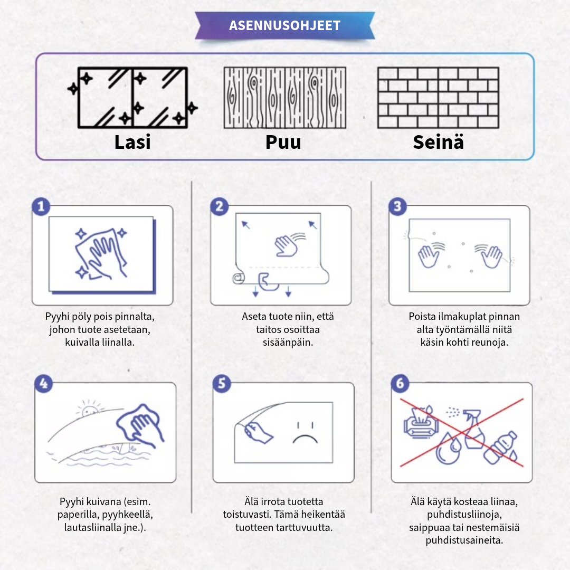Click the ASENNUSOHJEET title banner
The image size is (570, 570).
click(x=285, y=25)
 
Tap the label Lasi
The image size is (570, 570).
click(x=132, y=142)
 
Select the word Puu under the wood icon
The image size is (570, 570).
click(x=283, y=142)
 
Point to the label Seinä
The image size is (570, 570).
click(x=438, y=142)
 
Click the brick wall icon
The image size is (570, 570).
click(x=438, y=98)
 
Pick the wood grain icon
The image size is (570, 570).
click(x=284, y=98)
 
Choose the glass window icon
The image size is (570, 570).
click(x=132, y=98)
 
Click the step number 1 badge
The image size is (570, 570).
click(x=41, y=206)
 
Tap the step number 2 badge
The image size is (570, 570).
click(x=219, y=206)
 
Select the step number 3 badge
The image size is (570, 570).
click(x=397, y=206)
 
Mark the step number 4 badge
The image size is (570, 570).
click(x=44, y=384)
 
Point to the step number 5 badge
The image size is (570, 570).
click(x=222, y=384)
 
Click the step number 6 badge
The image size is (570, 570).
click(x=400, y=384)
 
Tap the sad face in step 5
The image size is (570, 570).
click(x=306, y=433)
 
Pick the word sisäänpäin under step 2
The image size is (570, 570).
click(x=288, y=343)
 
